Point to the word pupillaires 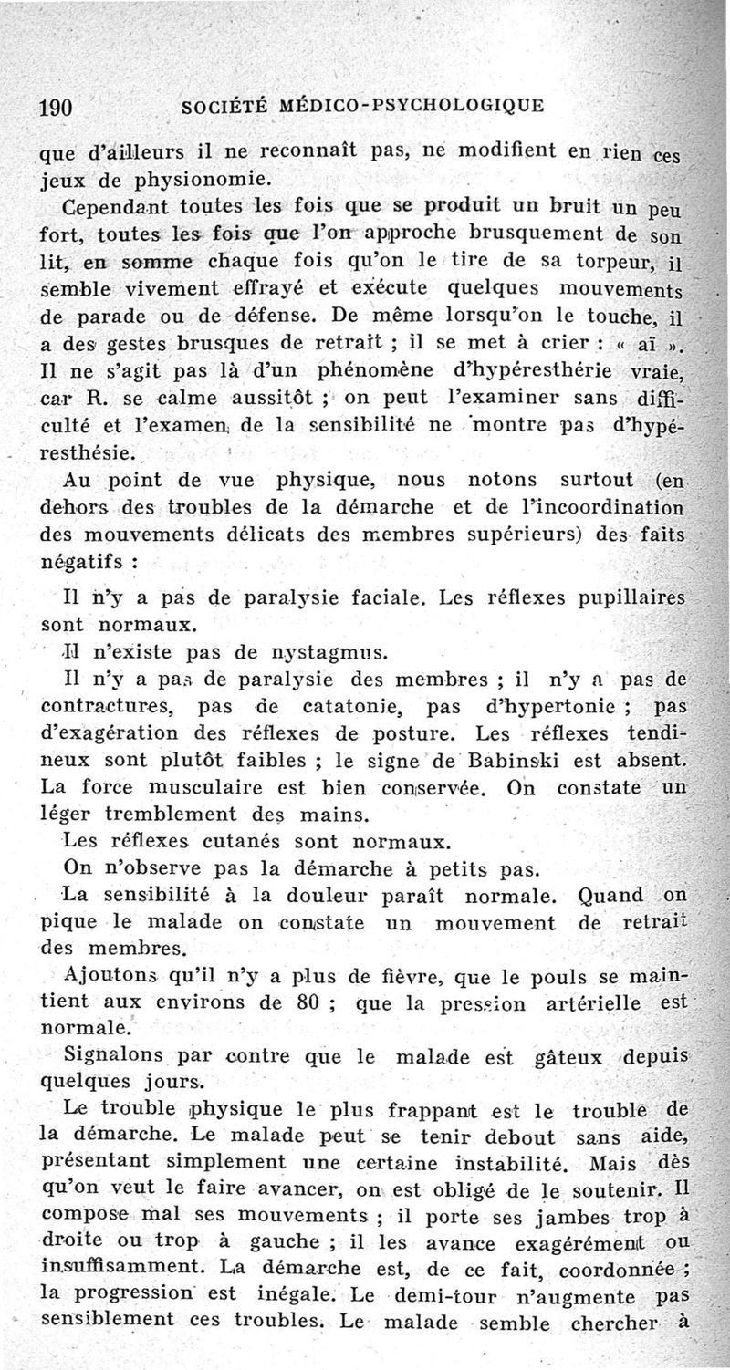630,599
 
